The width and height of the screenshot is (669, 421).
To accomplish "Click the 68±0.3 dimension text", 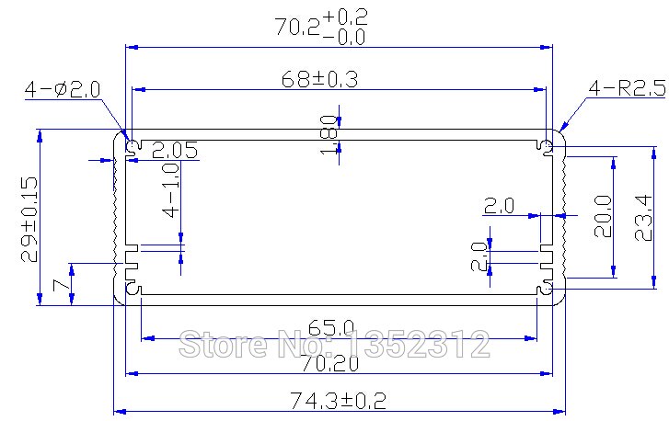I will (318, 79).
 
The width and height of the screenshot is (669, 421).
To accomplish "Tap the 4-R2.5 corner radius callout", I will (627, 88).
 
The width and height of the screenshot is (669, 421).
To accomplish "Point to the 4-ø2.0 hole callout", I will (63, 89).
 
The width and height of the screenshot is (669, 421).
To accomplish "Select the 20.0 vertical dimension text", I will (603, 216).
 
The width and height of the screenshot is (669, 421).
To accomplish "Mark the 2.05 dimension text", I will (175, 151).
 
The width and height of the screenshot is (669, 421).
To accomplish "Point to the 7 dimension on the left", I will (61, 286).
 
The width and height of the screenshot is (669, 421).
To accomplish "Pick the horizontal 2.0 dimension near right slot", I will (499, 206).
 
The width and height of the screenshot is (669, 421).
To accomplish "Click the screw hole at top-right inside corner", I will (546, 146).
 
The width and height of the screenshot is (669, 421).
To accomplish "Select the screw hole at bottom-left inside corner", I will (133, 290).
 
